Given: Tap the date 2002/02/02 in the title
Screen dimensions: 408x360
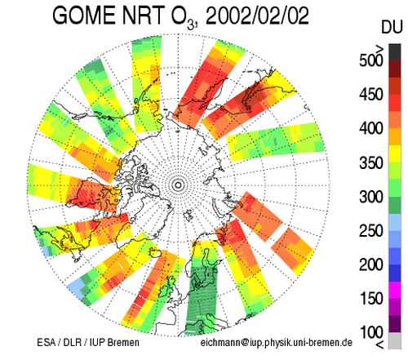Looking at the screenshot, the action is [257, 16].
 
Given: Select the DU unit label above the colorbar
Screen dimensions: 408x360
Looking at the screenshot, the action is [392, 27].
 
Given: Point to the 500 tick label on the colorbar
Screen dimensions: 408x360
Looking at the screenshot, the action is [371, 60].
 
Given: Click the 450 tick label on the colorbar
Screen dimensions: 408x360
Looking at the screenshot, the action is [371, 95].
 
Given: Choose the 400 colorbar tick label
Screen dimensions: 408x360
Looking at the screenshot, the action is [371, 128].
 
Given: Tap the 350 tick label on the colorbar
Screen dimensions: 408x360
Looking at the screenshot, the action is [371, 162].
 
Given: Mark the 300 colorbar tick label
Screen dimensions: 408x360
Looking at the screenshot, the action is [371, 197].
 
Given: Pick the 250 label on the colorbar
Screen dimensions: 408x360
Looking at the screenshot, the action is [371, 231].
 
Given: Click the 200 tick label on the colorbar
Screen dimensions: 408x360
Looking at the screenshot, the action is [371, 264].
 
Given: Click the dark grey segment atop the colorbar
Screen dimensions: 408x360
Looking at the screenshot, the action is [395, 52].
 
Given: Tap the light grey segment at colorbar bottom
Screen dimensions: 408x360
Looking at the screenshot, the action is [395, 340].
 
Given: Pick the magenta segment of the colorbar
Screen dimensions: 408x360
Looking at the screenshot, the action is [395, 290].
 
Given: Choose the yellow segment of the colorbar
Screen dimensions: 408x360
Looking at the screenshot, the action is [395, 154].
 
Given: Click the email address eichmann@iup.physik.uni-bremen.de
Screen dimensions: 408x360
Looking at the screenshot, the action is [277, 343].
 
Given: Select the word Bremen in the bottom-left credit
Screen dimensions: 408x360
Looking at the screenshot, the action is [123, 342].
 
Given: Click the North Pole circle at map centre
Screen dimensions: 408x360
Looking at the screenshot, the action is [179, 185].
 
